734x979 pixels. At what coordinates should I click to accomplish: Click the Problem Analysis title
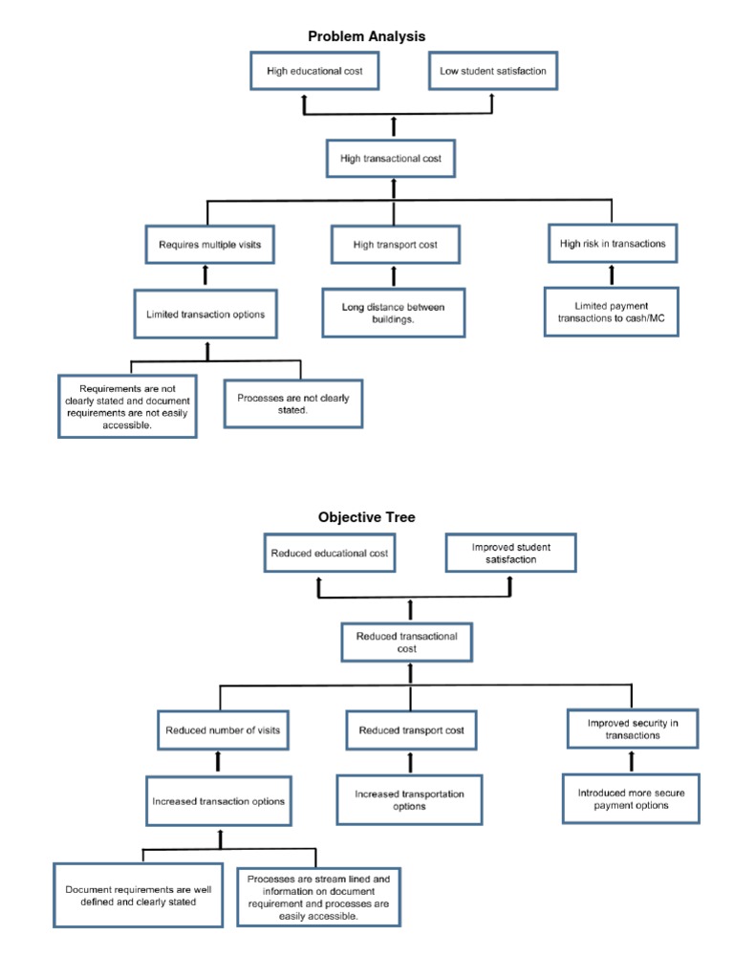click(x=366, y=36)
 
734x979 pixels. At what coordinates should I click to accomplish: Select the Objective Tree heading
click(x=367, y=517)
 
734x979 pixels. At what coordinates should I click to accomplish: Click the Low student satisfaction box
click(x=493, y=71)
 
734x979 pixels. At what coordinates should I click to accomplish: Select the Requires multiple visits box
click(x=209, y=244)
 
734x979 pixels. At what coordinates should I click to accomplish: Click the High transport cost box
click(x=395, y=245)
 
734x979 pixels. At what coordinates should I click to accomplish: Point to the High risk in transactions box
click(x=613, y=243)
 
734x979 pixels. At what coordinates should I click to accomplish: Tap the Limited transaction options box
click(x=206, y=315)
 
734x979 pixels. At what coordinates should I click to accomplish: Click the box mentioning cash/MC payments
click(x=612, y=313)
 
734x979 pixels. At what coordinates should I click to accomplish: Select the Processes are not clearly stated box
click(x=293, y=403)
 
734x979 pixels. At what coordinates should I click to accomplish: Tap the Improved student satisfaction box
click(x=511, y=554)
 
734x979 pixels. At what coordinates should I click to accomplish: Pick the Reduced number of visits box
click(x=220, y=730)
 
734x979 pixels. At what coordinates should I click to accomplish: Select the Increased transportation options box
click(x=410, y=800)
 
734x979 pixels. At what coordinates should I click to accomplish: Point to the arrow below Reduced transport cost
click(x=410, y=762)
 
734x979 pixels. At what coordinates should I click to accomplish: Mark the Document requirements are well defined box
click(x=139, y=895)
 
